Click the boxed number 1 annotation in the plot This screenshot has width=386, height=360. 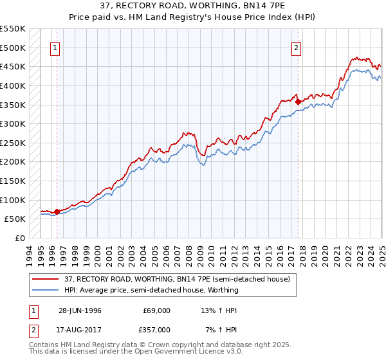55,47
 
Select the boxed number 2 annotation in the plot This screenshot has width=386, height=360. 296,47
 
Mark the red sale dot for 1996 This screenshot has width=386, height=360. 57,211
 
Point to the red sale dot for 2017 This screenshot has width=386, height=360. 298,101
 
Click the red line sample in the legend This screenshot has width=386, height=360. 45,280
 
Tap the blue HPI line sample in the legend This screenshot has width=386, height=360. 45,290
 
